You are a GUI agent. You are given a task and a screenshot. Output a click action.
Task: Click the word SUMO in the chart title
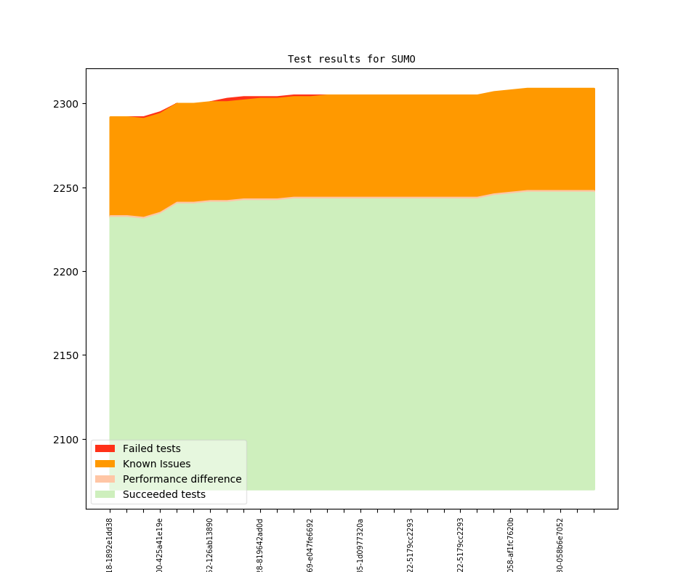pyautogui.click(x=402, y=59)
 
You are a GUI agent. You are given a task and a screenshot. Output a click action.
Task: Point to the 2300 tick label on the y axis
pyautogui.click(x=66, y=104)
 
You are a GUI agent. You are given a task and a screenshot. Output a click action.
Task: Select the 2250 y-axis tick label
pyautogui.click(x=66, y=188)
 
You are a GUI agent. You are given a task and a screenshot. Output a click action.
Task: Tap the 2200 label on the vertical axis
pyautogui.click(x=66, y=272)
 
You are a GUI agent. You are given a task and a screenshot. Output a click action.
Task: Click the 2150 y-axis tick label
pyautogui.click(x=66, y=355)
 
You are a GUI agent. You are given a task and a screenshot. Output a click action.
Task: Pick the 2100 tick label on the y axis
pyautogui.click(x=66, y=440)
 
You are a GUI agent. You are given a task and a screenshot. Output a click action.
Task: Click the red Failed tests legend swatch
pyautogui.click(x=105, y=448)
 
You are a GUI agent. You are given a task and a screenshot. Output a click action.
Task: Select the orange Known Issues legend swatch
pyautogui.click(x=105, y=464)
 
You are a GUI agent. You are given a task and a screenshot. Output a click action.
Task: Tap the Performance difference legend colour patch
pyautogui.click(x=105, y=479)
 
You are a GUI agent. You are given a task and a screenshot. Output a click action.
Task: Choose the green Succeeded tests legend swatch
pyautogui.click(x=105, y=494)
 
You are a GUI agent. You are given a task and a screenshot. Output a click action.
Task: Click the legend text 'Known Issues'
pyautogui.click(x=156, y=464)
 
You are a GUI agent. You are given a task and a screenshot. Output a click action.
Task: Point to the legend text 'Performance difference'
pyautogui.click(x=182, y=479)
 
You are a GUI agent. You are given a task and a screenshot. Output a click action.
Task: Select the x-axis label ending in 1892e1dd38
pyautogui.click(x=110, y=544)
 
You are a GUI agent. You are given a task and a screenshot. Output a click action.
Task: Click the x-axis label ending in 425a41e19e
pyautogui.click(x=160, y=544)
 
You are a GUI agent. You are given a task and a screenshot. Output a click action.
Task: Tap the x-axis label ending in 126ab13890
pyautogui.click(x=210, y=544)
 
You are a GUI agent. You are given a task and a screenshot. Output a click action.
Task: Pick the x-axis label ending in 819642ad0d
pyautogui.click(x=260, y=544)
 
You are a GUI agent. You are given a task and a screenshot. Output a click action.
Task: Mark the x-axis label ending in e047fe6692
pyautogui.click(x=310, y=544)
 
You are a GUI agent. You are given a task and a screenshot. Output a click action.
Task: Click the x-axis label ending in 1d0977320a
pyautogui.click(x=360, y=544)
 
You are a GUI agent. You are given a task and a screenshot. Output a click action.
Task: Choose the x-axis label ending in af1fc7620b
pyautogui.click(x=511, y=544)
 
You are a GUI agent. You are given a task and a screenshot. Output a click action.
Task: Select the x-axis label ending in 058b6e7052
pyautogui.click(x=560, y=544)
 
